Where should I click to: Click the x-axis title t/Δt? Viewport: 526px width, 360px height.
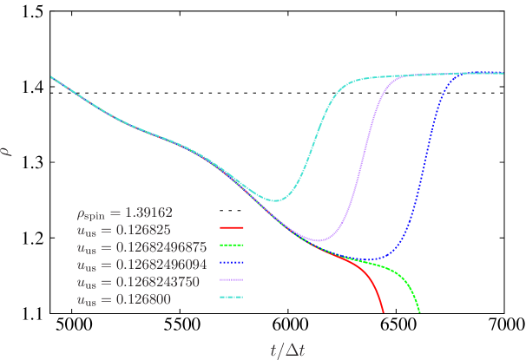coord(286,350)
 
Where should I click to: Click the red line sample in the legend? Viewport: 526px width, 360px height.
coord(232,227)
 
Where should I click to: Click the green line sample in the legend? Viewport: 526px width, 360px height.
coord(232,245)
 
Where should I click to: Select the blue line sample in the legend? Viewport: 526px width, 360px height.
coord(232,262)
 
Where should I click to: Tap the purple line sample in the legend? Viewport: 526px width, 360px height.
coord(232,279)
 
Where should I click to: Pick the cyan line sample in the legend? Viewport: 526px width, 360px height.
coord(232,297)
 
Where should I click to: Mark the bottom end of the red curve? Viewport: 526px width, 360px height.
coord(384,312)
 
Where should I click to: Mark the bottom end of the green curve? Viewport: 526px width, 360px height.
coord(420,312)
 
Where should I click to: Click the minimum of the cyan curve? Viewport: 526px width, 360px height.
coord(276,200)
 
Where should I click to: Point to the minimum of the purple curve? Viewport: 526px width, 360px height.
coord(319,240)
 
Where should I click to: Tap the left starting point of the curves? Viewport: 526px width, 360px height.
coord(51,77)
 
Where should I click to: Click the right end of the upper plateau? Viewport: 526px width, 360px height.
coord(503,73)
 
